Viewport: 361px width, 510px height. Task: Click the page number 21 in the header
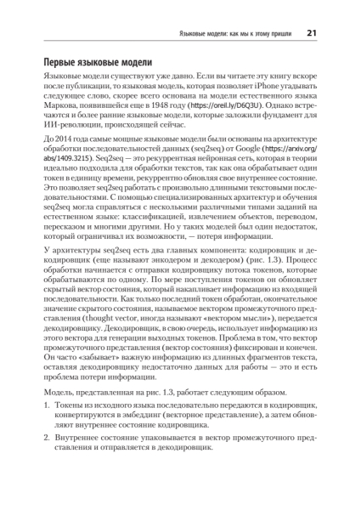tap(311, 33)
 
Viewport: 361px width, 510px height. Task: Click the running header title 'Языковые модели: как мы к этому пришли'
tap(234, 33)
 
